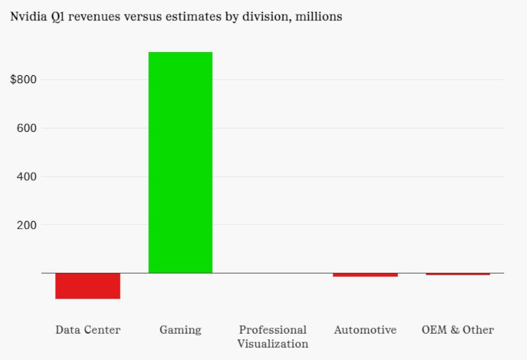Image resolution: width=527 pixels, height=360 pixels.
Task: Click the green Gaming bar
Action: pos(180,162)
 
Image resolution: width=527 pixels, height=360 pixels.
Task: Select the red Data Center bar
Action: pos(88,285)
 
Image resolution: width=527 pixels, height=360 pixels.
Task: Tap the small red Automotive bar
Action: pos(366,274)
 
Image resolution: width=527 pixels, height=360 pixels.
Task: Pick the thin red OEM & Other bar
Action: pos(458,274)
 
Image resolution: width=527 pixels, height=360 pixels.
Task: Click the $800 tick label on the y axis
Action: pos(24,80)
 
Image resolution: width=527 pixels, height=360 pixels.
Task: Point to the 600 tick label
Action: pos(26,128)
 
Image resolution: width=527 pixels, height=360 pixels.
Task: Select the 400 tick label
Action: pos(26,177)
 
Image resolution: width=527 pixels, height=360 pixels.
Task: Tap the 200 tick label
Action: pos(26,225)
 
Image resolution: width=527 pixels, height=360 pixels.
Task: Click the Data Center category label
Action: pos(88,330)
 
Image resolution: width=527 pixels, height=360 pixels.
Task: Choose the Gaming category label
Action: pos(180,330)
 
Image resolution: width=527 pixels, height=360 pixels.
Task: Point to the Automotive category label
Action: pos(366,330)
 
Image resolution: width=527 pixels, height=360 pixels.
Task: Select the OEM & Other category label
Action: pos(458,330)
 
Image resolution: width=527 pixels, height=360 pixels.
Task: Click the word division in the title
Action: pos(262,16)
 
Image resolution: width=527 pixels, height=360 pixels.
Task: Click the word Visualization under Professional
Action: pos(273,344)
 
